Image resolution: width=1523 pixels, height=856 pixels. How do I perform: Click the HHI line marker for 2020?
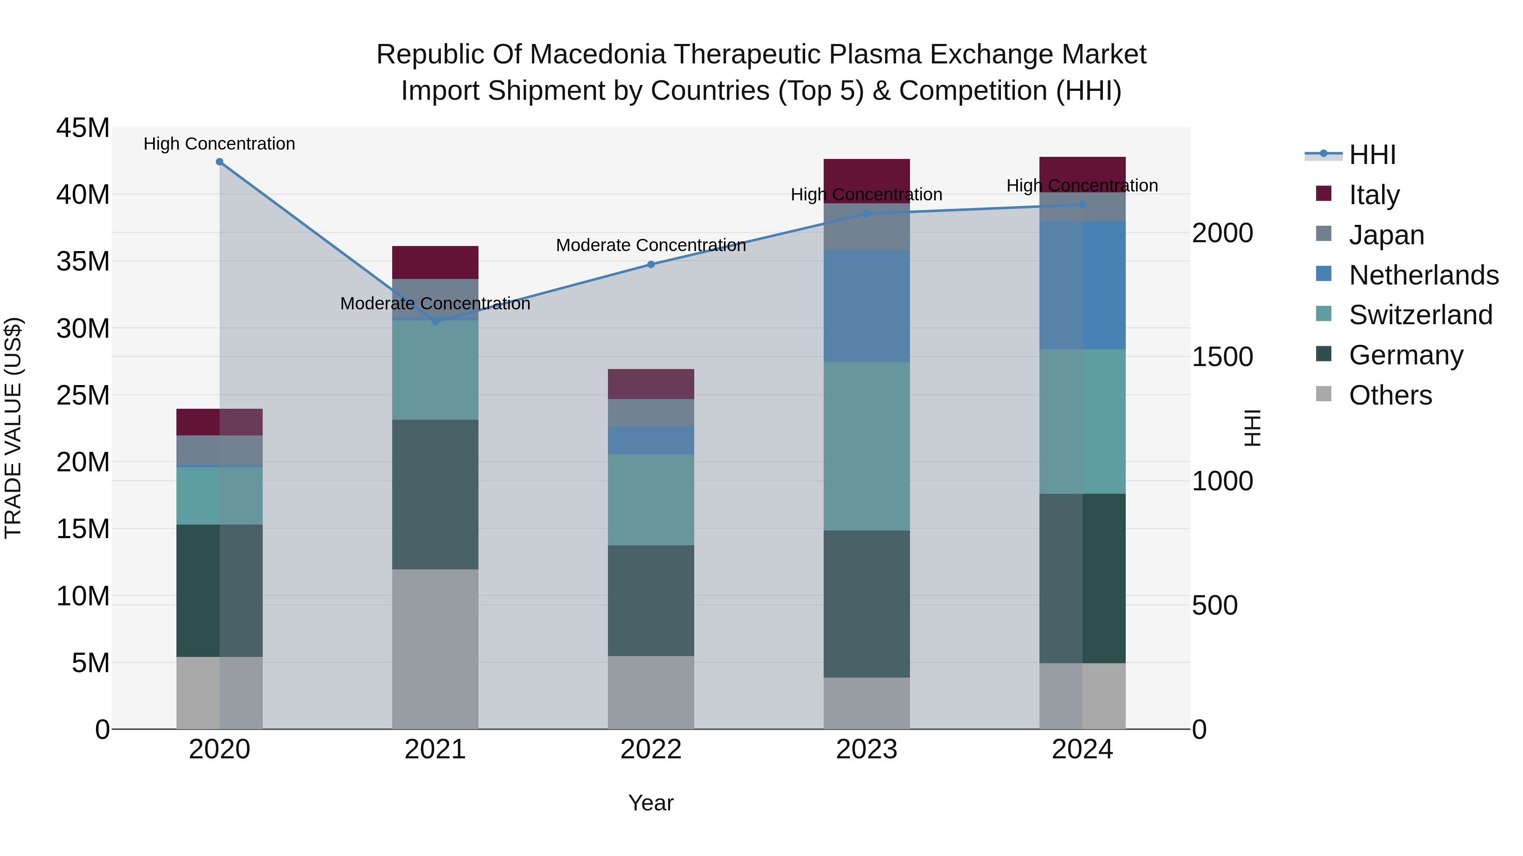tap(219, 162)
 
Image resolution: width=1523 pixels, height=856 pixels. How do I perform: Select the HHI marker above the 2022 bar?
tap(651, 265)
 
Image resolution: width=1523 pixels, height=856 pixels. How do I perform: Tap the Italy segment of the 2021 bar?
tap(435, 262)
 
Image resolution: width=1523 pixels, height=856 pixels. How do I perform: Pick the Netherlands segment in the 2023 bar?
tap(867, 306)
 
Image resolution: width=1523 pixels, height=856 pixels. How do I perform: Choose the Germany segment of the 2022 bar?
tap(651, 600)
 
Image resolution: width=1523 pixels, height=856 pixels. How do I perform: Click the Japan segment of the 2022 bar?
tap(651, 413)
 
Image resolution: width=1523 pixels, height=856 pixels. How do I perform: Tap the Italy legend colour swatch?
tap(1324, 194)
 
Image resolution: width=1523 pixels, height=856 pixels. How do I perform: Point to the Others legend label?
tap(1390, 395)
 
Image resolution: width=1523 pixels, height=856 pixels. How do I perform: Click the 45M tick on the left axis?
tap(83, 128)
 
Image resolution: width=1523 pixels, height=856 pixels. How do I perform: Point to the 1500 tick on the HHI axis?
tap(1222, 357)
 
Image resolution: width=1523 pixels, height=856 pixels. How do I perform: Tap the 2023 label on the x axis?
tap(867, 749)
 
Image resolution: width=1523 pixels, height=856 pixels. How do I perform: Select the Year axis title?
tap(651, 803)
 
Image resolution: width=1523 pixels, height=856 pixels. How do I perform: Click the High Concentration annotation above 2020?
tap(219, 144)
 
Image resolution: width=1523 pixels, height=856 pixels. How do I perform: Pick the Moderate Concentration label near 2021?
tap(435, 304)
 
